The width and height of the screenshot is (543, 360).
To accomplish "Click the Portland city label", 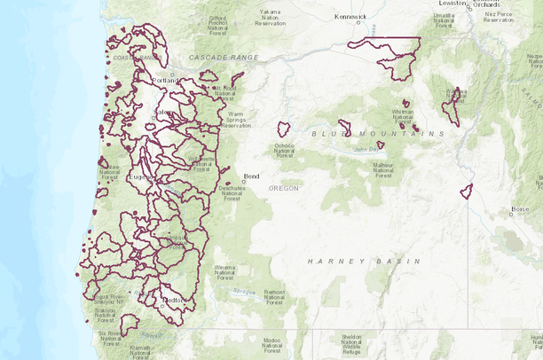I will pyautogui.click(x=165, y=81).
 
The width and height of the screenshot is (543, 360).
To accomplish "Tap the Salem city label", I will pyautogui.click(x=164, y=113).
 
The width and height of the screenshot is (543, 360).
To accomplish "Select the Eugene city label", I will pyautogui.click(x=141, y=176).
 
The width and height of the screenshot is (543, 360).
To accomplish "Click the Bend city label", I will pyautogui.click(x=251, y=176).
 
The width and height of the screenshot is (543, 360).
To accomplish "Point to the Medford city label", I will pyautogui.click(x=174, y=301).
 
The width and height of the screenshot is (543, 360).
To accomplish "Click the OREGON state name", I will pyautogui.click(x=284, y=188).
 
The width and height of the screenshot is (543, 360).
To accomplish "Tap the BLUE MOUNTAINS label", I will pyautogui.click(x=377, y=134).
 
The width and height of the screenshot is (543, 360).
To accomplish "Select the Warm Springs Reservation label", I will pyautogui.click(x=235, y=120).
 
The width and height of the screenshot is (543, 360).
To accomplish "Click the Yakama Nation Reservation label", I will pyautogui.click(x=271, y=17).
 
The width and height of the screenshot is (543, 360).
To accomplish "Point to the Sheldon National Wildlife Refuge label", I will pyautogui.click(x=352, y=344).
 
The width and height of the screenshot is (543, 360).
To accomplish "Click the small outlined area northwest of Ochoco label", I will pyautogui.click(x=283, y=129).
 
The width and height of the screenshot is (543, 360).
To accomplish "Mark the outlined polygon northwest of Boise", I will pyautogui.click(x=466, y=191).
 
